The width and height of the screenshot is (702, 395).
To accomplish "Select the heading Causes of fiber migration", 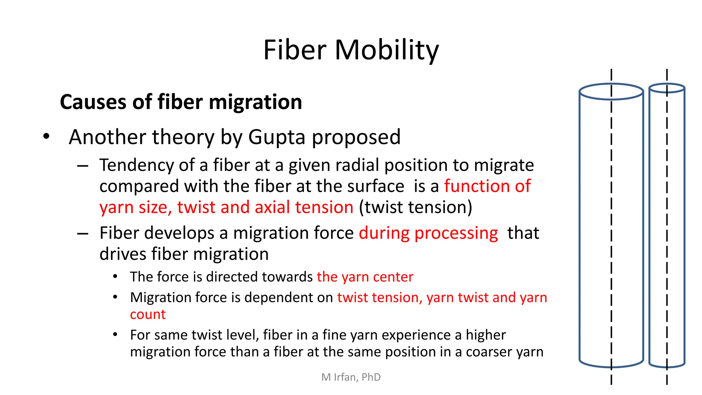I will [x=181, y=102].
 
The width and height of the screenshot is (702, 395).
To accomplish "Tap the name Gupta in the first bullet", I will [x=276, y=137].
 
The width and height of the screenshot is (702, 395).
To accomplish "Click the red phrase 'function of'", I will [x=487, y=186].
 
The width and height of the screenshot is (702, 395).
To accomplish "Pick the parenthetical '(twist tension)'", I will [x=415, y=207].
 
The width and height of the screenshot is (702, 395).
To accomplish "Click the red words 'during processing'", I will [x=428, y=233].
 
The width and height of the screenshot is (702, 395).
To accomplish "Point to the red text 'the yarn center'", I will [x=365, y=277].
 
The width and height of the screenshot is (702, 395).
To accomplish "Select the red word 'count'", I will [x=148, y=314].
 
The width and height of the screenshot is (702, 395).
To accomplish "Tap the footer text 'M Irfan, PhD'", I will [x=351, y=377].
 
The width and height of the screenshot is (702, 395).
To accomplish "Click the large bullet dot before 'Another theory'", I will [x=46, y=136].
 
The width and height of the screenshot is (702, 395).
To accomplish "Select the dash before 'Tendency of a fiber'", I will [x=83, y=166].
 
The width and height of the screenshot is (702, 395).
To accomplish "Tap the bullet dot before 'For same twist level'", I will [x=115, y=334].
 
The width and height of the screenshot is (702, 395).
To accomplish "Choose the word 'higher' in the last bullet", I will [x=485, y=335].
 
